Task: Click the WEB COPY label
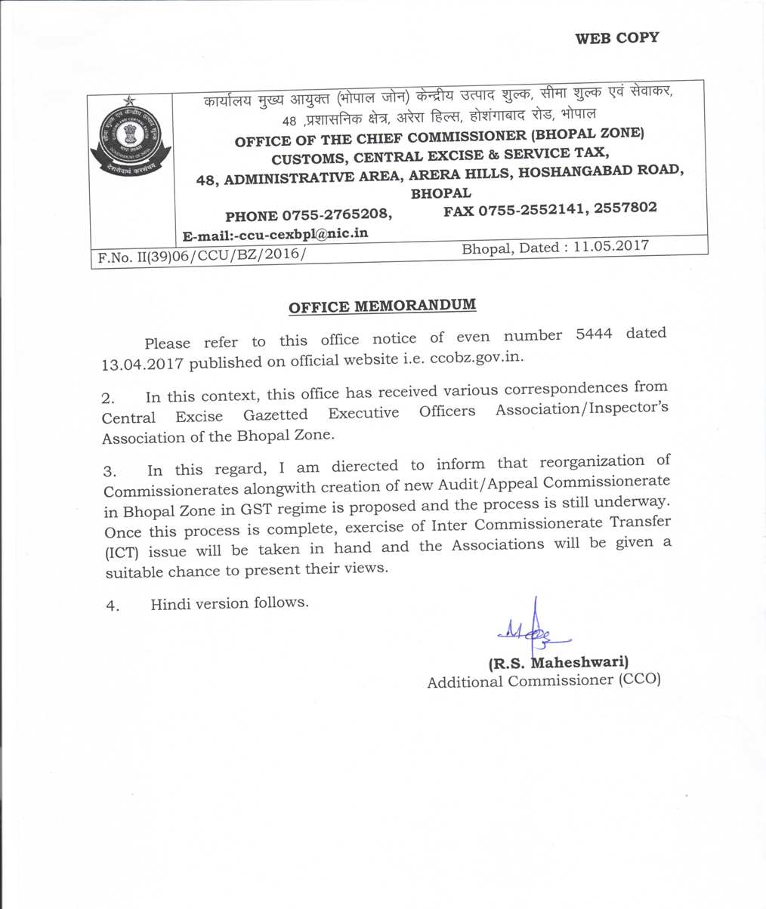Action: [616, 38]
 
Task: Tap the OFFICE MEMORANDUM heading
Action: [382, 307]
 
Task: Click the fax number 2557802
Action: [625, 207]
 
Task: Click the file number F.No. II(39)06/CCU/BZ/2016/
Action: [201, 257]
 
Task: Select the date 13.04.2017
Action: [142, 364]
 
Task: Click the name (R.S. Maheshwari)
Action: [558, 663]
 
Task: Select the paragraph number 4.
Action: [113, 606]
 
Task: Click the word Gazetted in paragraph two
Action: [275, 415]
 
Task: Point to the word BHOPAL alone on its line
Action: [440, 193]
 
